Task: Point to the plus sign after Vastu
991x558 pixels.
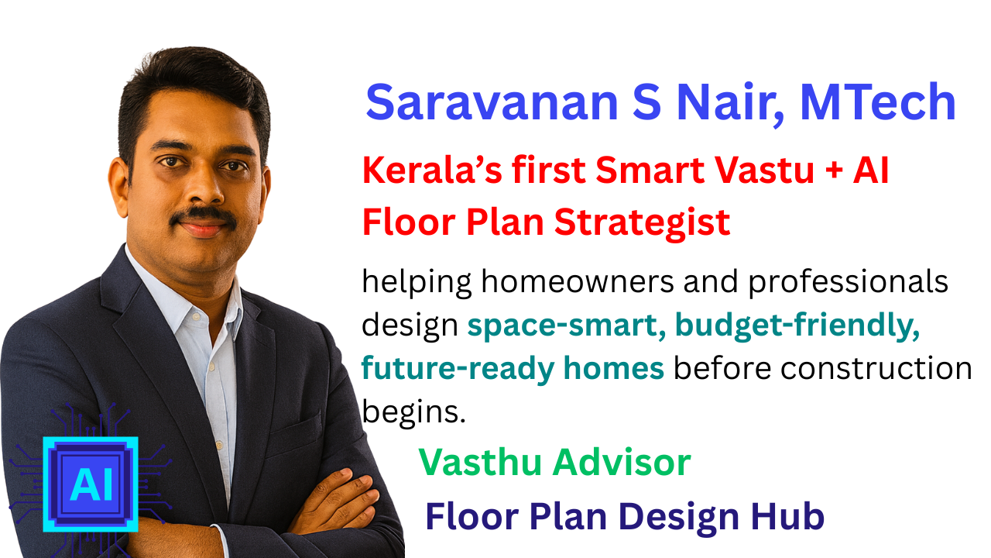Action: coord(834,172)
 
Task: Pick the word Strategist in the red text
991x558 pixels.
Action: coord(642,223)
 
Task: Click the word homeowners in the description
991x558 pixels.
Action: coord(578,281)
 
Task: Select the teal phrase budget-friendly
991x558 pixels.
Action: coord(797,326)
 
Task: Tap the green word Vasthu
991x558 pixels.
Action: coord(480,463)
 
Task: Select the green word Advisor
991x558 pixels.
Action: coord(622,463)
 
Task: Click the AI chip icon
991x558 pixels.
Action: coord(91,484)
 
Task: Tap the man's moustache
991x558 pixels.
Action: coord(204,216)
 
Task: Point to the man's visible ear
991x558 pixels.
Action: coord(118,187)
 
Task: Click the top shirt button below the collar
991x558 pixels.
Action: coord(194,316)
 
